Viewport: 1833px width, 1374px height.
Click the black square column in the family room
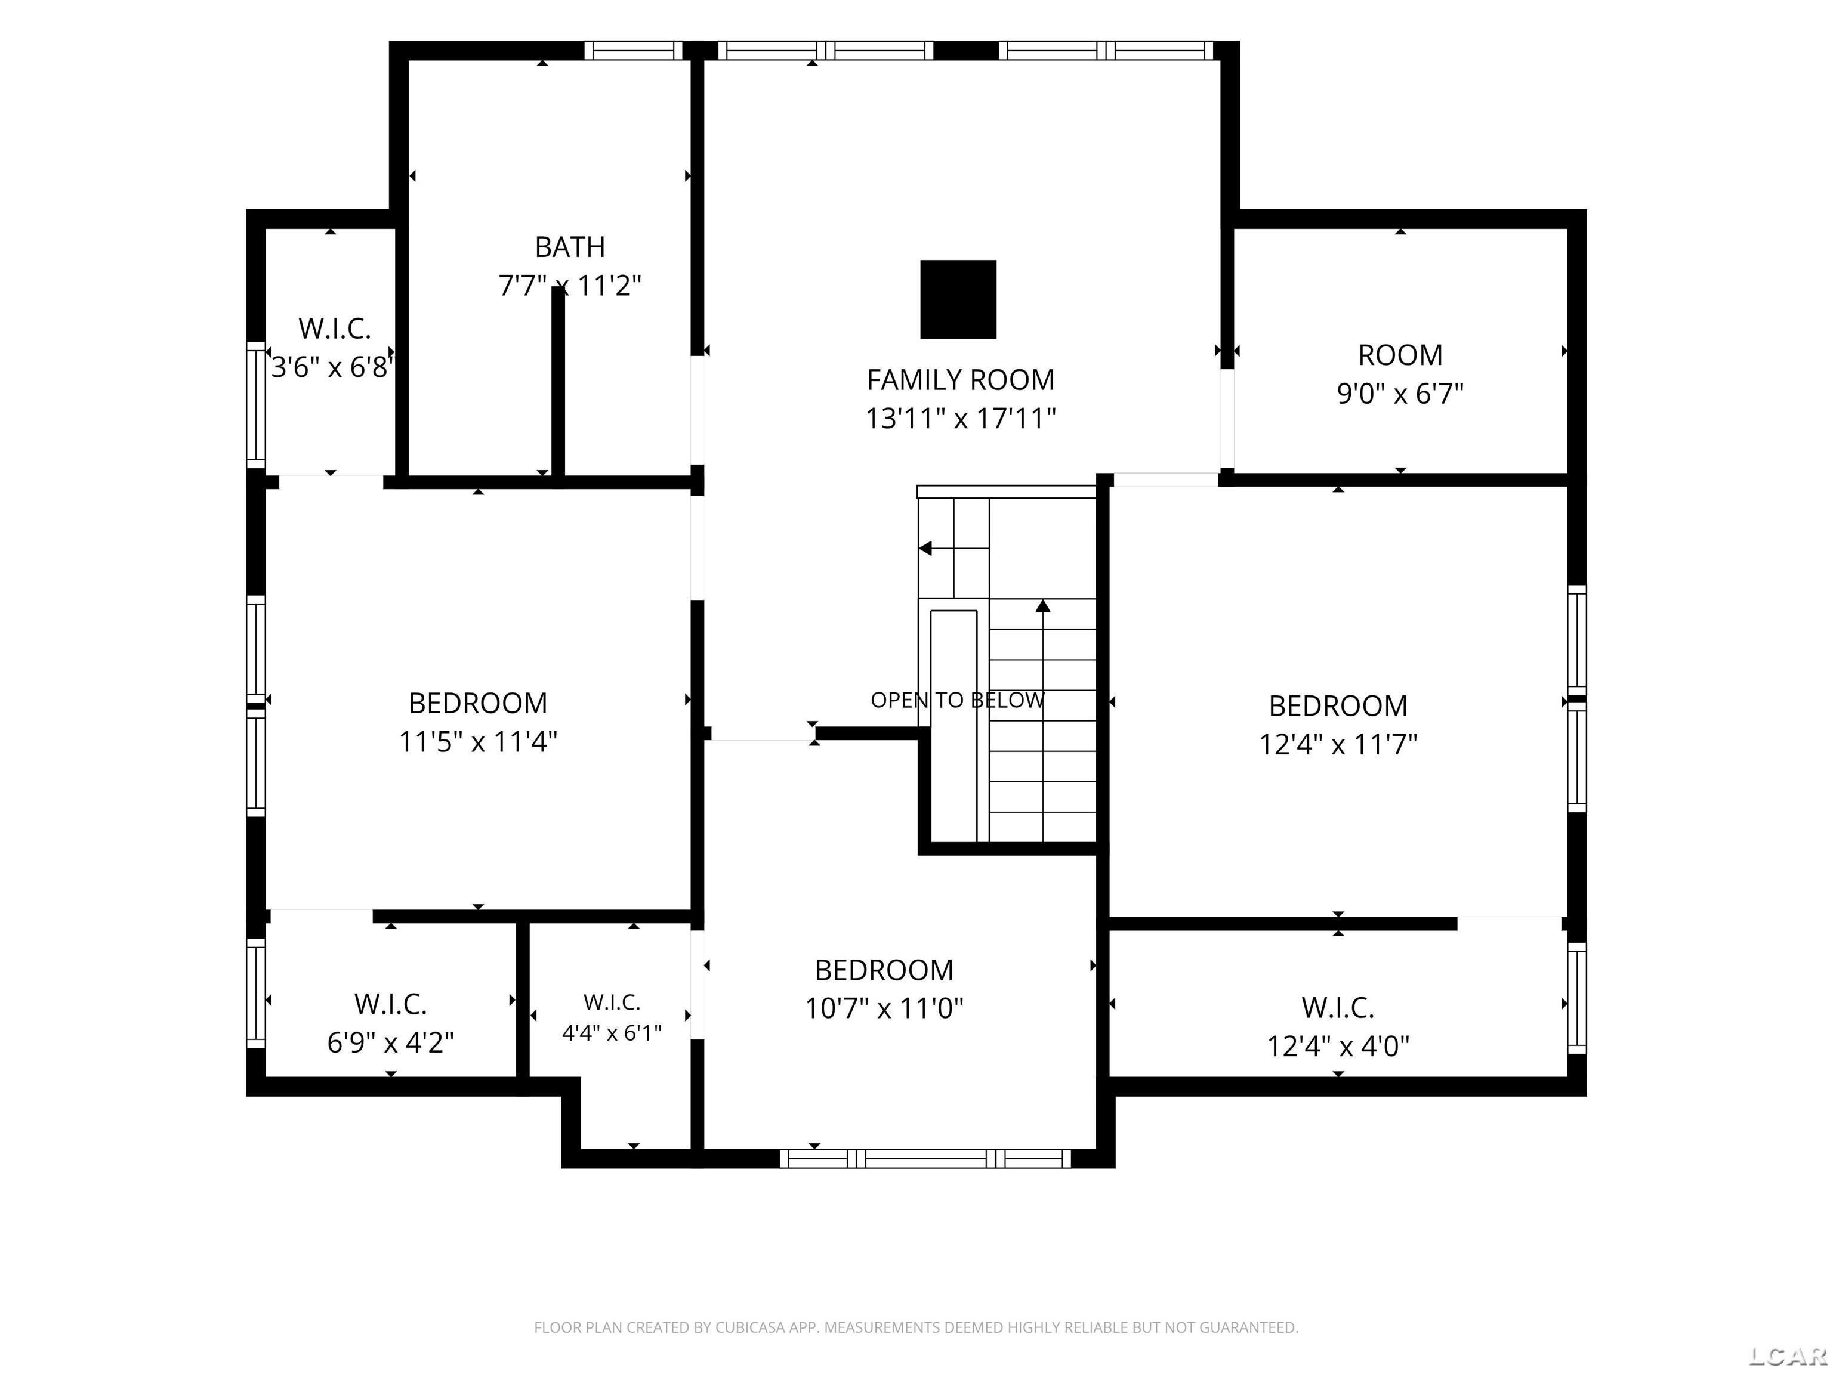pyautogui.click(x=958, y=299)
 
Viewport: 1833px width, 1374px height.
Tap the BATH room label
pyautogui.click(x=570, y=247)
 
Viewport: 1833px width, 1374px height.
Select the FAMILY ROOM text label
pyautogui.click(x=961, y=380)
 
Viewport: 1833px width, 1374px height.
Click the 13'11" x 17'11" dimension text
pyautogui.click(x=961, y=418)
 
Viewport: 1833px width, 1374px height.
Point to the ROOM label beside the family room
pyautogui.click(x=1400, y=355)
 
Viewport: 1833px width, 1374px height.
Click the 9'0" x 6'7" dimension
pyautogui.click(x=1400, y=394)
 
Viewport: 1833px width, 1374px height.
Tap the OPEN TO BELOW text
pyautogui.click(x=957, y=700)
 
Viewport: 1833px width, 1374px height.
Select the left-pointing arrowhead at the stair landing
pyautogui.click(x=925, y=548)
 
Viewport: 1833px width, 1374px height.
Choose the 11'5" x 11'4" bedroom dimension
pyautogui.click(x=478, y=741)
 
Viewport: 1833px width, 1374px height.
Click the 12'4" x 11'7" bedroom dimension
pyautogui.click(x=1338, y=745)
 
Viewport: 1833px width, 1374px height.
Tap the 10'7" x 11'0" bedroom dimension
pyautogui.click(x=884, y=1008)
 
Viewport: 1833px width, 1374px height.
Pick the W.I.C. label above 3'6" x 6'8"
pyautogui.click(x=335, y=329)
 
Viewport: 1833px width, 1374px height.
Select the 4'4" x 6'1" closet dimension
pyautogui.click(x=612, y=1033)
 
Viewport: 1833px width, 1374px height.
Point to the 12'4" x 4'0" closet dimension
pyautogui.click(x=1338, y=1046)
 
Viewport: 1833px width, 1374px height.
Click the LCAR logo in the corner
pyautogui.click(x=1788, y=1356)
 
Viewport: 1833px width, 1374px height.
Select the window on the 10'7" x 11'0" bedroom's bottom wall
pyautogui.click(x=925, y=1158)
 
